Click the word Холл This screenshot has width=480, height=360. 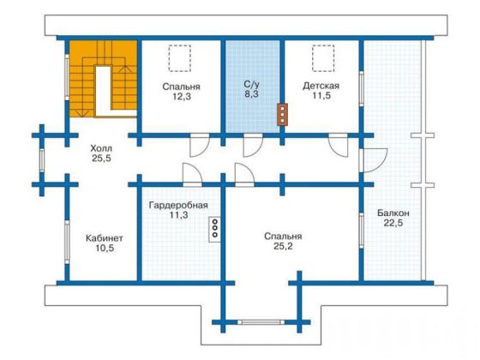pyautogui.click(x=101, y=149)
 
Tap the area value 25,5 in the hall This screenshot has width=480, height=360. pyautogui.click(x=101, y=159)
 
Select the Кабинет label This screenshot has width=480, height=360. pyautogui.click(x=105, y=238)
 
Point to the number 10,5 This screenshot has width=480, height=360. pyautogui.click(x=105, y=249)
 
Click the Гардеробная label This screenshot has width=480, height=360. pyautogui.click(x=178, y=205)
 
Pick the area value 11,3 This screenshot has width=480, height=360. pyautogui.click(x=179, y=215)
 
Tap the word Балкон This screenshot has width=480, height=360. pyautogui.click(x=393, y=213)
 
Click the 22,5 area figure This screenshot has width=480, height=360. pyautogui.click(x=393, y=223)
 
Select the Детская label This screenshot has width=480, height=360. pyautogui.click(x=321, y=86)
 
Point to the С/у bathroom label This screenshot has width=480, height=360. pyautogui.click(x=251, y=84)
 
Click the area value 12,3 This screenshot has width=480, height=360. pyautogui.click(x=182, y=97)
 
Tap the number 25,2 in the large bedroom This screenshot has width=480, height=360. pyautogui.click(x=283, y=246)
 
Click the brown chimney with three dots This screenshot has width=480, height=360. pyautogui.click(x=282, y=115)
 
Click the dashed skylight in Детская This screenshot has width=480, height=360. pyautogui.click(x=323, y=58)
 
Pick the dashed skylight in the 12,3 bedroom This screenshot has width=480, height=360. pyautogui.click(x=180, y=58)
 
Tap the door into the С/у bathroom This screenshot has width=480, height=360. pyautogui.click(x=253, y=145)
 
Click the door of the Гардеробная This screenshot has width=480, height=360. pyautogui.click(x=192, y=175)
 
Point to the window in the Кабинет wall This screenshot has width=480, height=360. pyautogui.click(x=67, y=242)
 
